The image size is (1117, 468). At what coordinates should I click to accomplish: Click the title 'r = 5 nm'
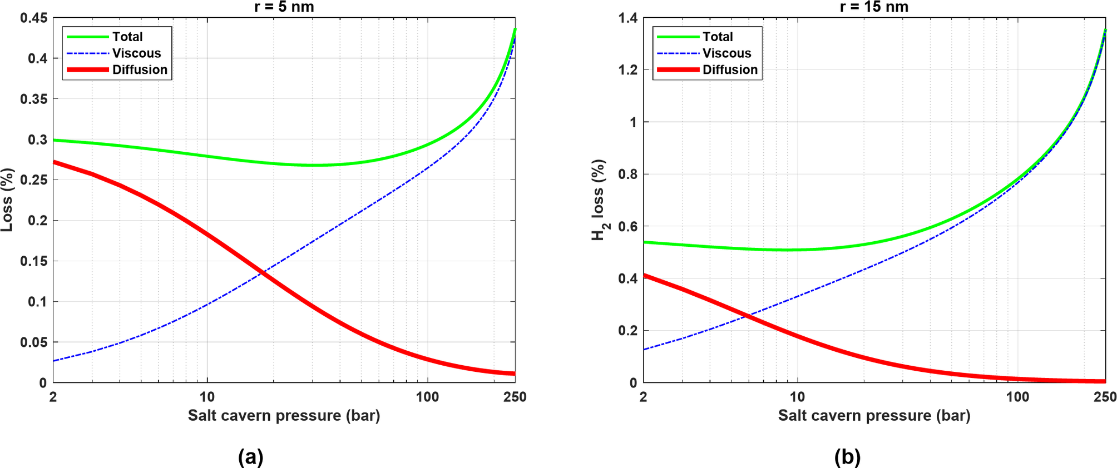point(284,7)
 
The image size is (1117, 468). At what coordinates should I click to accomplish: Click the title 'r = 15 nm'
point(874,7)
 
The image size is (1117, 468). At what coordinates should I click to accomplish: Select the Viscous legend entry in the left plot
point(136,53)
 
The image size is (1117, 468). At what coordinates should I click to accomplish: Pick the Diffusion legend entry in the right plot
point(729,70)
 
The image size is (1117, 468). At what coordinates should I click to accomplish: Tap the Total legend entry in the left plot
point(127,37)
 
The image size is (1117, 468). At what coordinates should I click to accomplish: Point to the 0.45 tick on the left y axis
point(33,18)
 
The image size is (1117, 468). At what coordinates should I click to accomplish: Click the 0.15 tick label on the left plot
point(33,261)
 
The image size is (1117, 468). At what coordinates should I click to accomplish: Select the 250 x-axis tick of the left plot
point(515,397)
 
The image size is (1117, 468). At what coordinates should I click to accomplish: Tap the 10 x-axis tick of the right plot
point(797,397)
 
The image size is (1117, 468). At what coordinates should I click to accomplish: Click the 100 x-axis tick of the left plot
point(427,397)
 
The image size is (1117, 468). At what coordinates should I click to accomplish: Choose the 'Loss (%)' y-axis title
point(7,200)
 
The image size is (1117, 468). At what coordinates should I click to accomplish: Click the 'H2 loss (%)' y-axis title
point(599,200)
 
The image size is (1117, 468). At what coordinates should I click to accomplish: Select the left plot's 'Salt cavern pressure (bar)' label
point(284,416)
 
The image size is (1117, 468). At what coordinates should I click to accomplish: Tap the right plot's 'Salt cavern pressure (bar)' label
point(874,416)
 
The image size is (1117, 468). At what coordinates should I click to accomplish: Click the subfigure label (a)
point(250,457)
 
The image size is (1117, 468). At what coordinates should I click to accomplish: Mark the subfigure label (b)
point(847,457)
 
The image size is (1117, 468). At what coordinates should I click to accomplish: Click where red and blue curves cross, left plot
point(262,272)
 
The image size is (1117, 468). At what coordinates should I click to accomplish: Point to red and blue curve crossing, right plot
point(747,316)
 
